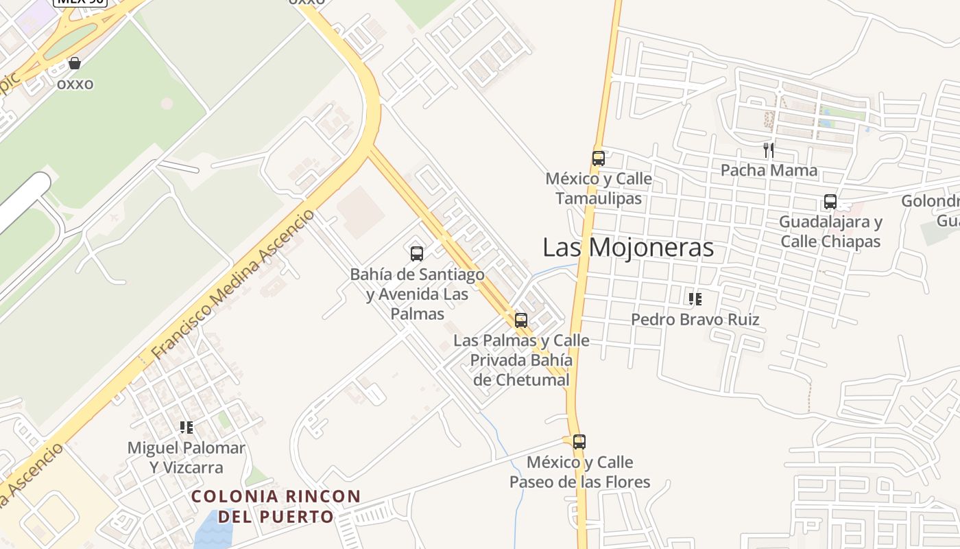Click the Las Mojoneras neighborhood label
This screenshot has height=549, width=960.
point(627,248)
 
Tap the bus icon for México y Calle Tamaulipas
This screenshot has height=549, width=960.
point(599,159)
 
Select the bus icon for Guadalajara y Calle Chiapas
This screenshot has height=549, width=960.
point(830,202)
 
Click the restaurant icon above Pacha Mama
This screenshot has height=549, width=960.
point(769,150)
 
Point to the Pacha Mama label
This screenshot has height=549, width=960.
point(769,170)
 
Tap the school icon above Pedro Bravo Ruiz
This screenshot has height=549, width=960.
point(695,299)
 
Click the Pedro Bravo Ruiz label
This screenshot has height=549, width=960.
point(695,320)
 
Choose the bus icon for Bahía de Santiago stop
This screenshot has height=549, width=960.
point(417,254)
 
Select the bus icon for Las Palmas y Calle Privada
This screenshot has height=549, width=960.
point(521,320)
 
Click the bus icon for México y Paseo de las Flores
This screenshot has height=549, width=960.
point(579,442)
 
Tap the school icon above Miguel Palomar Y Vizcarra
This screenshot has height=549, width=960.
point(186,428)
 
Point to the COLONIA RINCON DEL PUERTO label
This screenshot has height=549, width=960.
point(276,506)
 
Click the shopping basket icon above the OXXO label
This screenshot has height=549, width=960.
point(75,64)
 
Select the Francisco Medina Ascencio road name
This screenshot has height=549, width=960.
point(233,285)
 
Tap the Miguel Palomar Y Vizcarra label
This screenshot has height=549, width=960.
point(186,458)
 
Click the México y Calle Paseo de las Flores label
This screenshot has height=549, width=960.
point(579,472)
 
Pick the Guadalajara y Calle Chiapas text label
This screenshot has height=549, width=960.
point(830,232)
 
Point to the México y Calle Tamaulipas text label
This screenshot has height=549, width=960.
point(599,189)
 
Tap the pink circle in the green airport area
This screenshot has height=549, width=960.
point(167,103)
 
